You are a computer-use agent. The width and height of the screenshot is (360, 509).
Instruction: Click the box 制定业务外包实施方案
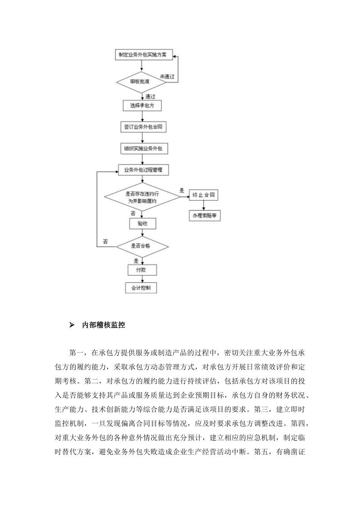[x=143, y=55]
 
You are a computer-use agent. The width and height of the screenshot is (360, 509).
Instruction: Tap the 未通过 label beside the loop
[x=167, y=77]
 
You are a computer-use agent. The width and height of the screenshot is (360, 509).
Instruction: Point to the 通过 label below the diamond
[x=150, y=97]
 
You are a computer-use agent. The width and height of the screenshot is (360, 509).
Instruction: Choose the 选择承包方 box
[x=142, y=106]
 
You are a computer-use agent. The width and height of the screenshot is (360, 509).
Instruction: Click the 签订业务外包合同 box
[x=143, y=127]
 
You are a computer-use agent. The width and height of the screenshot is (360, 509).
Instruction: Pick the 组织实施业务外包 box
[x=143, y=148]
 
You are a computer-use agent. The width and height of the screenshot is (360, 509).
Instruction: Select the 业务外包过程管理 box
[x=143, y=170]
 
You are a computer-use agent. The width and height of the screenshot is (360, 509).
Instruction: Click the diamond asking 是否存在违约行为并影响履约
[x=142, y=197]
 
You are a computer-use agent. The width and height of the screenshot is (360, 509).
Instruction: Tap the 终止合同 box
[x=204, y=195]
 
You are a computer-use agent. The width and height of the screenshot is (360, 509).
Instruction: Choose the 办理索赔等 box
[x=204, y=215]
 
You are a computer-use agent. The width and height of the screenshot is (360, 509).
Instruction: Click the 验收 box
[x=142, y=223]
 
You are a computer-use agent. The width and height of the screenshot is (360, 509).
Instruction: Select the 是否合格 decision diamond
[x=142, y=246]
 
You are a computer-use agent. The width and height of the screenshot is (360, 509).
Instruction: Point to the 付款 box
[x=142, y=270]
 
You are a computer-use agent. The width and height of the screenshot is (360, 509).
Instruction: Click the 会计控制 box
[x=141, y=288]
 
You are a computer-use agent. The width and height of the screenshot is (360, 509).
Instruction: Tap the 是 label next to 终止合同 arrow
[x=182, y=190]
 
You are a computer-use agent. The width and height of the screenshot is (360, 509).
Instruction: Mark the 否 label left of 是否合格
[x=105, y=242]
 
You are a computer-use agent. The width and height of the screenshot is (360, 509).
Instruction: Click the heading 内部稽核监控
[x=103, y=325]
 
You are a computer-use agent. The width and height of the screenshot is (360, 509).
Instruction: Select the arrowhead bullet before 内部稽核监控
[x=72, y=325]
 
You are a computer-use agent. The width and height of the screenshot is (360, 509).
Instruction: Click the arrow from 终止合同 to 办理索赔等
[x=204, y=205]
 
